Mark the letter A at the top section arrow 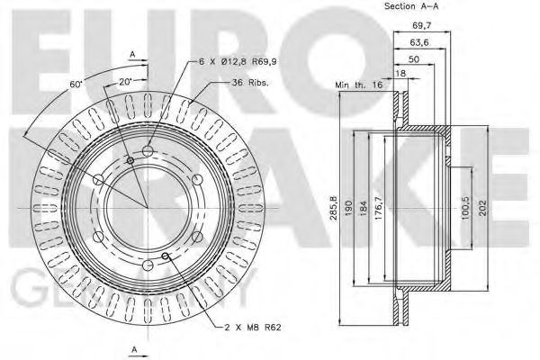point(132,55)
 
